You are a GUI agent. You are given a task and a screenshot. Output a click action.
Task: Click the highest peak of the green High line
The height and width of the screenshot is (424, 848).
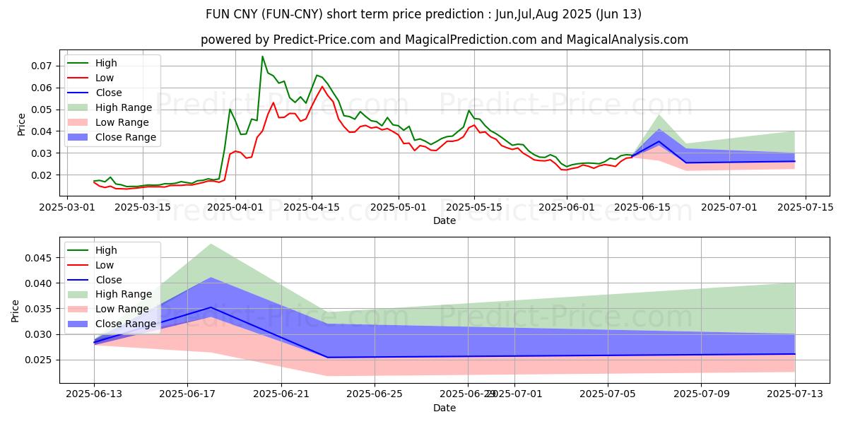pos(262,57)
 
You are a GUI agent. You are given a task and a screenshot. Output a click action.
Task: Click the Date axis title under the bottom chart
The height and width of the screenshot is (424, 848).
pos(444,408)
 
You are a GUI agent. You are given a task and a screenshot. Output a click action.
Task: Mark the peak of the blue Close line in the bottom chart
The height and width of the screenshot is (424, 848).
pos(211,307)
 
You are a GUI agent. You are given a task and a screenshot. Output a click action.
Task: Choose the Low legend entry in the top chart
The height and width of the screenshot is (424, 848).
pos(105,78)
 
